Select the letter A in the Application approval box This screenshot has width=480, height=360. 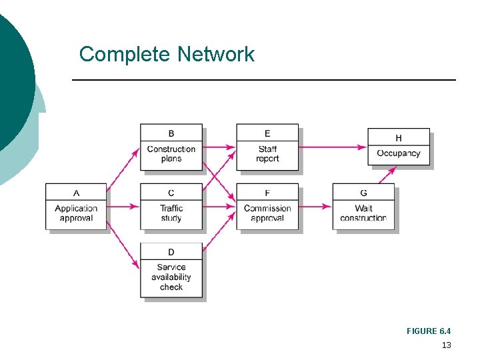(x=76, y=193)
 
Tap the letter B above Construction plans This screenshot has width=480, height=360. (x=171, y=133)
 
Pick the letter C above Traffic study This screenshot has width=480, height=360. (x=171, y=193)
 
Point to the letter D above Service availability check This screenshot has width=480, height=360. (x=171, y=251)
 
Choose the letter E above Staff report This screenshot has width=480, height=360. (x=267, y=133)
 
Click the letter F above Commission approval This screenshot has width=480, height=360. (x=267, y=193)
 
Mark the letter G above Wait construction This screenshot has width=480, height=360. (x=363, y=193)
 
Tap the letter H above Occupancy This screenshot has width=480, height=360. (x=399, y=138)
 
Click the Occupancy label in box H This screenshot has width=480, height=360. (x=399, y=153)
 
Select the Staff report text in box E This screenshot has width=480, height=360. (x=267, y=154)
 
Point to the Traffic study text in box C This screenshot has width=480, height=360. (x=171, y=213)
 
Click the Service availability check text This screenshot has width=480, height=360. (x=171, y=277)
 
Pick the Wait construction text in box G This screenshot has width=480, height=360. (x=363, y=213)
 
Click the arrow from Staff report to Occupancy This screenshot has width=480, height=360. (x=333, y=147)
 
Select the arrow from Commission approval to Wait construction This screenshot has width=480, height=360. (x=315, y=207)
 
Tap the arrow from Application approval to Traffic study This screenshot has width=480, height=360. (x=123, y=207)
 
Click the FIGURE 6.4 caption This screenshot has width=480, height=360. (x=429, y=331)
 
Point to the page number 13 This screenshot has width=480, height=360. (x=446, y=345)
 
